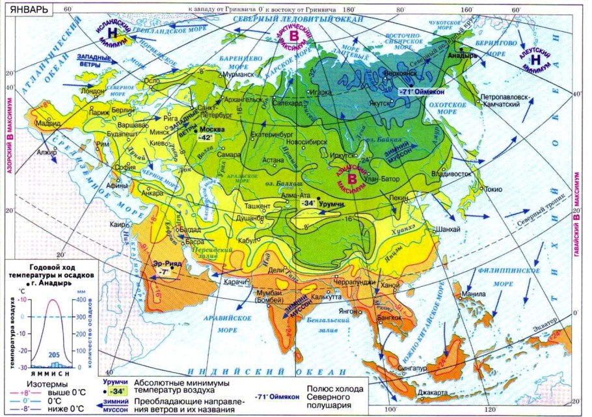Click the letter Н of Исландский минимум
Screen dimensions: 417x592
tap(113, 32)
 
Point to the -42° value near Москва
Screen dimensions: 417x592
tap(208, 138)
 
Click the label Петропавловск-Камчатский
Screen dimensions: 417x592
tap(507, 100)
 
